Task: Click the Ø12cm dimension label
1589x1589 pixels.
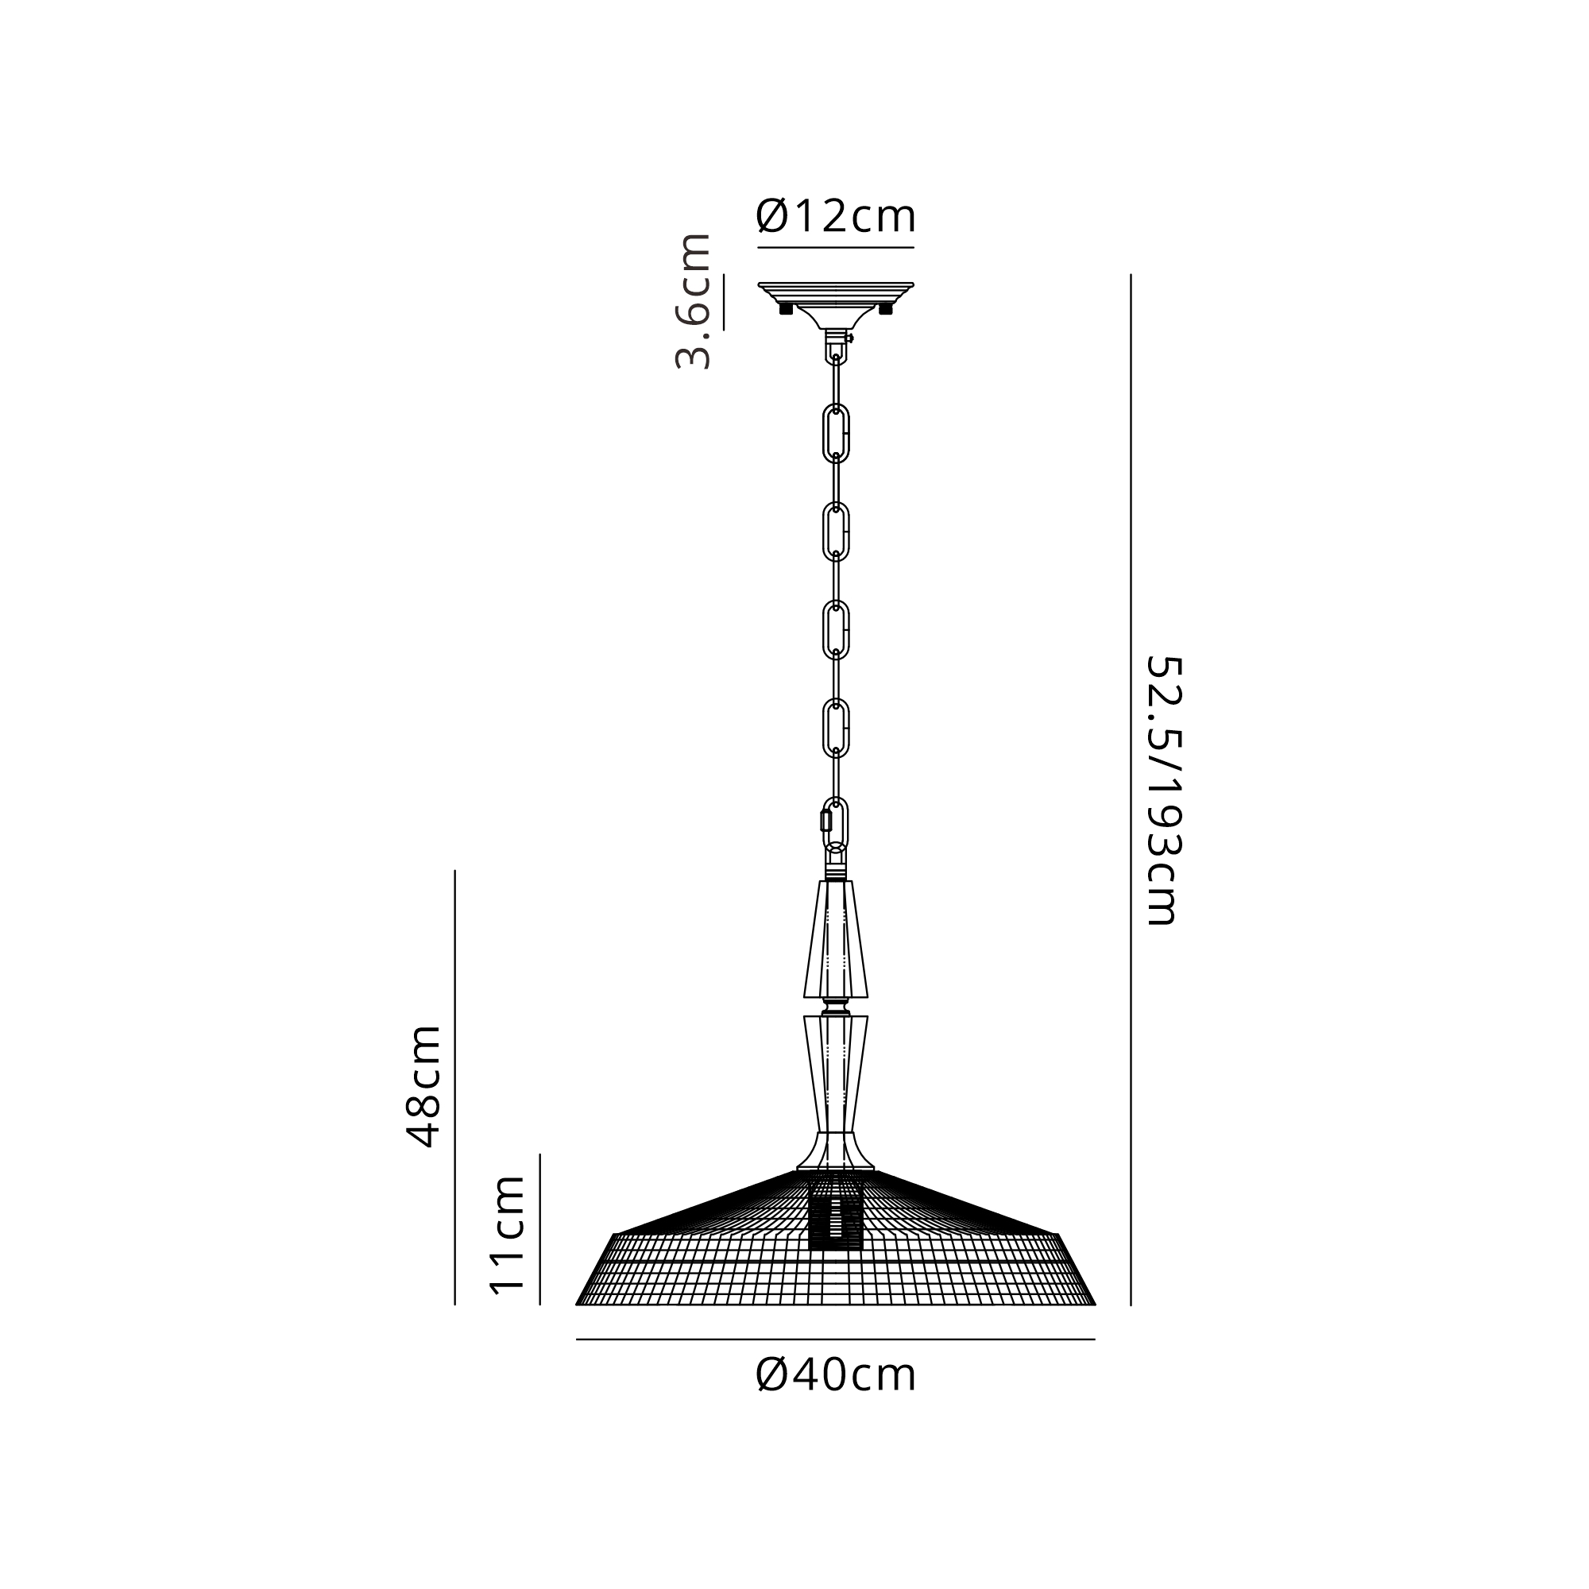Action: pos(836,216)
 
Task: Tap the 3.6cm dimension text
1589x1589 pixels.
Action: pos(693,301)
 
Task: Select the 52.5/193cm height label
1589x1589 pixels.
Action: pos(1163,790)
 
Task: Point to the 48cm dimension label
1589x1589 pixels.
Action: pos(424,1085)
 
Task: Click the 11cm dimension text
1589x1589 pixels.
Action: pos(507,1235)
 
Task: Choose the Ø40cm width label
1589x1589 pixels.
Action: pos(836,1374)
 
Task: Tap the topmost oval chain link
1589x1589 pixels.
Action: pos(837,434)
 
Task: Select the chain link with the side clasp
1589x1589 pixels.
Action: pos(835,825)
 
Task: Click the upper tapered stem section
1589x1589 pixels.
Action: pos(836,939)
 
